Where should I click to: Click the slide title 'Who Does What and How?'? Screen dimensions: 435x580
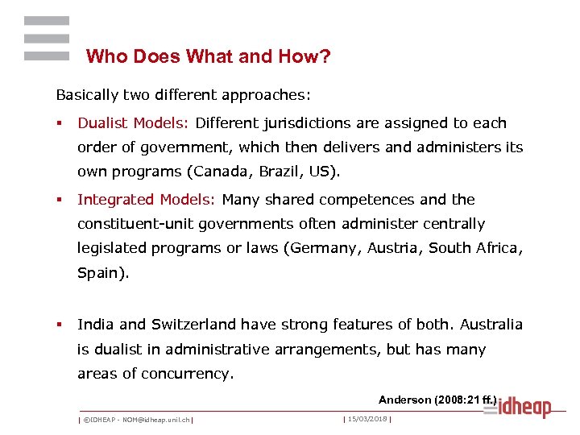tap(208, 56)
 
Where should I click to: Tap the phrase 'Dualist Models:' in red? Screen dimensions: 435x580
tap(133, 123)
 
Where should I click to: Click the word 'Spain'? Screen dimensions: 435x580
tap(101, 272)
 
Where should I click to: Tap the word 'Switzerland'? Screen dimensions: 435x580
tap(201, 325)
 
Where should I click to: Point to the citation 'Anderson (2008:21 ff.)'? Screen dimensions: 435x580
tap(437, 400)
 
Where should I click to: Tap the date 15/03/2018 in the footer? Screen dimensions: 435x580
tap(367, 419)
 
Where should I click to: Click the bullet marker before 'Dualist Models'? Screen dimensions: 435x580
tap(59, 124)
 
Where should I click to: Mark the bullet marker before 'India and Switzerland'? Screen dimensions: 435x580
tap(59, 325)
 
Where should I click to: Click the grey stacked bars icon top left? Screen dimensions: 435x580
tap(47, 39)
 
